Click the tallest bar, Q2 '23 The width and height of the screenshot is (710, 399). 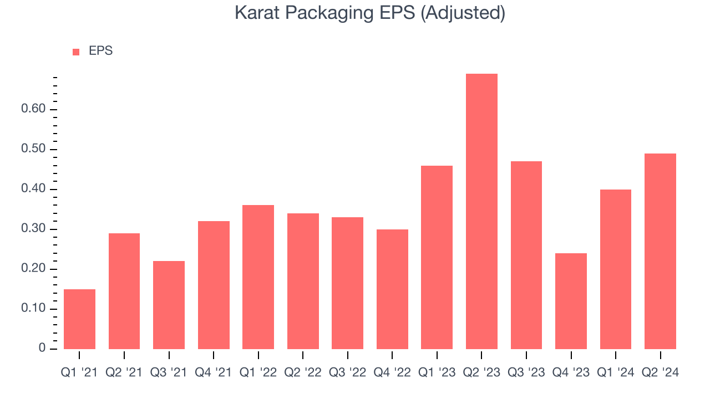pyautogui.click(x=481, y=211)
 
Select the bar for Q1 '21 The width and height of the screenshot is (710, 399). pyautogui.click(x=79, y=319)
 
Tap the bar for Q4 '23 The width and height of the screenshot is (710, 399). pyautogui.click(x=571, y=301)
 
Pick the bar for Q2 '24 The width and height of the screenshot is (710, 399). pyautogui.click(x=660, y=251)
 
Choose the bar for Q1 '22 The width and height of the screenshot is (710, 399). pyautogui.click(x=258, y=277)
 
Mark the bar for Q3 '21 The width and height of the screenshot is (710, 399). pyautogui.click(x=169, y=305)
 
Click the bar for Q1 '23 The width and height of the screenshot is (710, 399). pyautogui.click(x=437, y=257)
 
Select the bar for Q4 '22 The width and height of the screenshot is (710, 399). pyautogui.click(x=392, y=289)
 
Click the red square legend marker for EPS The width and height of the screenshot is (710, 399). pyautogui.click(x=77, y=52)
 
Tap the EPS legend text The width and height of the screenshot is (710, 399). pyautogui.click(x=100, y=52)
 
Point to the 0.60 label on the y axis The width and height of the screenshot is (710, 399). pyautogui.click(x=33, y=110)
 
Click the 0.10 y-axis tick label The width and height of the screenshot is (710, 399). pyautogui.click(x=33, y=309)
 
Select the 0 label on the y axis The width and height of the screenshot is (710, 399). pyautogui.click(x=42, y=349)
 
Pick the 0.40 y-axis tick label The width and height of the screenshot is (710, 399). pyautogui.click(x=33, y=190)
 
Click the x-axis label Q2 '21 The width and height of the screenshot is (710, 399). pyautogui.click(x=124, y=372)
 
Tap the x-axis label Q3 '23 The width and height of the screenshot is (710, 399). pyautogui.click(x=526, y=372)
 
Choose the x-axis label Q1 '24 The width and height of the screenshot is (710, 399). pyautogui.click(x=615, y=372)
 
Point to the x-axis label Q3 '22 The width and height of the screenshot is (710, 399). pyautogui.click(x=347, y=372)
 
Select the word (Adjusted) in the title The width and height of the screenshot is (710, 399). pyautogui.click(x=463, y=13)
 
